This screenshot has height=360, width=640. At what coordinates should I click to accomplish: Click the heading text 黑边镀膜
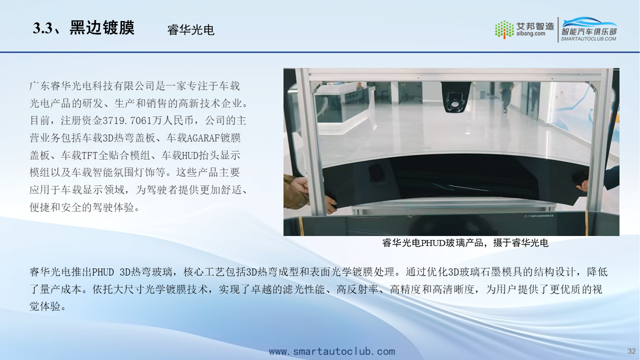click(101, 27)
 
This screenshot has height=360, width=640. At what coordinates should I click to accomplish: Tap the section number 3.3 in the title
click(42, 28)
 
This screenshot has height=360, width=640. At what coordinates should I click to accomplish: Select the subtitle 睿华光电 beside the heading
click(191, 30)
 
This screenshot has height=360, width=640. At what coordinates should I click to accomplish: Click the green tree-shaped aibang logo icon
click(504, 29)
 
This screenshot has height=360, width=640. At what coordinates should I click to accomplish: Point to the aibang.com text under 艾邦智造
click(530, 33)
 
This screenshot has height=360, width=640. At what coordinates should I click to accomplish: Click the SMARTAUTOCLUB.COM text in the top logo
click(588, 39)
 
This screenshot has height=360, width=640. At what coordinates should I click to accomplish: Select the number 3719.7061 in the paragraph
click(127, 120)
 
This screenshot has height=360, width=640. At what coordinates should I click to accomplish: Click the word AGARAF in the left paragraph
click(203, 138)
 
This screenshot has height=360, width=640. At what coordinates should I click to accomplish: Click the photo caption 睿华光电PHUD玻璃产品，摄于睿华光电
click(465, 243)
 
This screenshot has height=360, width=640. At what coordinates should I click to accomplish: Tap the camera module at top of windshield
click(455, 97)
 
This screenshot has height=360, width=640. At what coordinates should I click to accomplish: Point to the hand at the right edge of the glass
click(583, 185)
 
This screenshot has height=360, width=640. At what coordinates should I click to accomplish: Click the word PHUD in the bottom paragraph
click(103, 272)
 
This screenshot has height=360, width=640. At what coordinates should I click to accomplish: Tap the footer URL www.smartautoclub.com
click(332, 351)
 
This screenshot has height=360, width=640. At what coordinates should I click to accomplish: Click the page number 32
click(631, 351)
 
